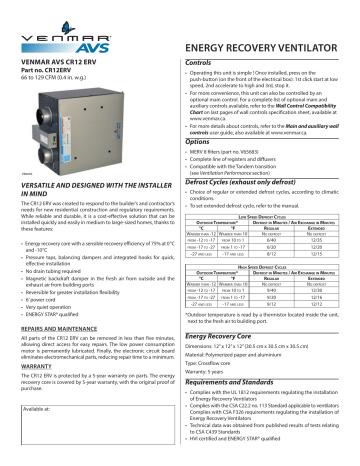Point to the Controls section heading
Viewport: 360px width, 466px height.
click(206, 62)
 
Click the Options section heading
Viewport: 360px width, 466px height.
click(203, 142)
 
